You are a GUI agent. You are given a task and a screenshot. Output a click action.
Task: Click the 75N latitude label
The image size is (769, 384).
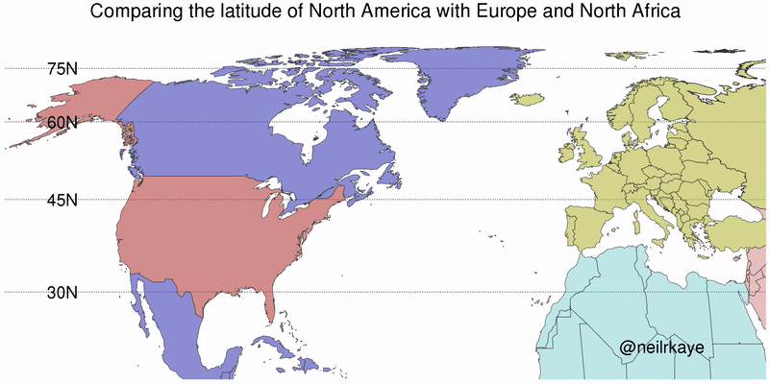tap(62, 68)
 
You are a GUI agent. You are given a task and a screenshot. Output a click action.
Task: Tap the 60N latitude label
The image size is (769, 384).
tap(62, 122)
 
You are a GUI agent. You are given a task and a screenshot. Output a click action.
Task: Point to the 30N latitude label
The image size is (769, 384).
tap(62, 292)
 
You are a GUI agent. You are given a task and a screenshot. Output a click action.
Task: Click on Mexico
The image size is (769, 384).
tap(183, 326)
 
